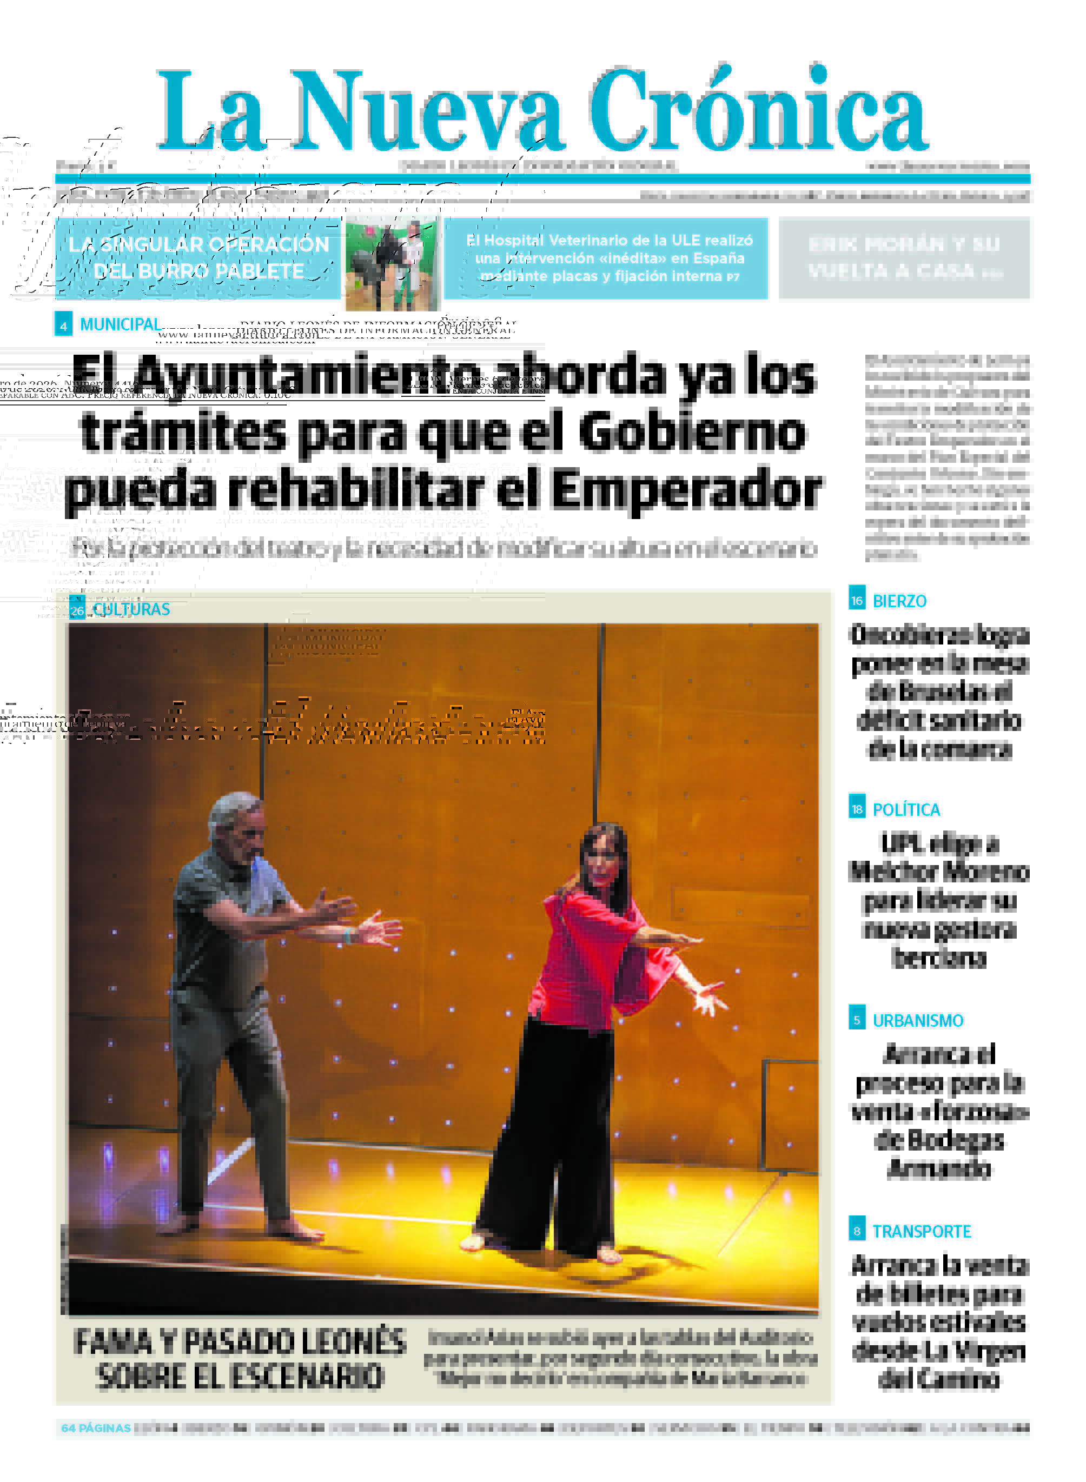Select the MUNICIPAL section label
pyautogui.click(x=120, y=324)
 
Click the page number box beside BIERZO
pyautogui.click(x=857, y=600)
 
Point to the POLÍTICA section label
pyautogui.click(x=906, y=810)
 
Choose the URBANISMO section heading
pyautogui.click(x=918, y=1021)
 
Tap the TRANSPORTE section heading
pyautogui.click(x=922, y=1232)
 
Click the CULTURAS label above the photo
pyautogui.click(x=131, y=609)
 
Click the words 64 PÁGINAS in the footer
pyautogui.click(x=96, y=1428)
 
